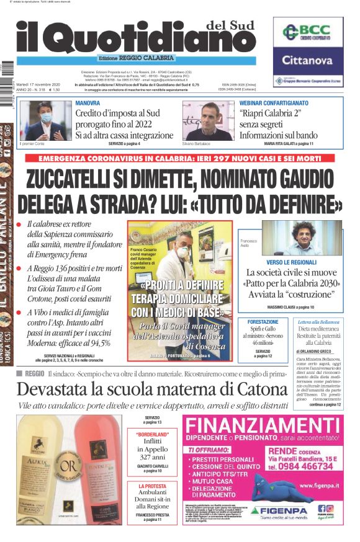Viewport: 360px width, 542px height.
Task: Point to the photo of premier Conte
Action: [x=45, y=121]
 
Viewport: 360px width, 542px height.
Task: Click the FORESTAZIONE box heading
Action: [x=263, y=322]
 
